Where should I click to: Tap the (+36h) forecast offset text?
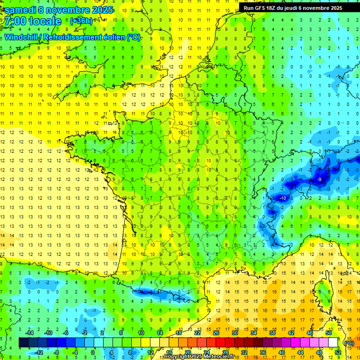click(x=81, y=21)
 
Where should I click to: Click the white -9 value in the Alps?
click(x=319, y=180)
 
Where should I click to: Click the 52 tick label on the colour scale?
click(x=338, y=352)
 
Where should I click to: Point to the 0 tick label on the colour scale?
click(x=93, y=352)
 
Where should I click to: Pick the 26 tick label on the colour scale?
click(x=216, y=333)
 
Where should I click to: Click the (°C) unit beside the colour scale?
click(x=349, y=343)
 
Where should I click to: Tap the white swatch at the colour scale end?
click(x=333, y=343)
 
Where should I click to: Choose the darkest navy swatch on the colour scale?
click(x=23, y=343)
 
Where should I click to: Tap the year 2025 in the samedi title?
click(x=101, y=9)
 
